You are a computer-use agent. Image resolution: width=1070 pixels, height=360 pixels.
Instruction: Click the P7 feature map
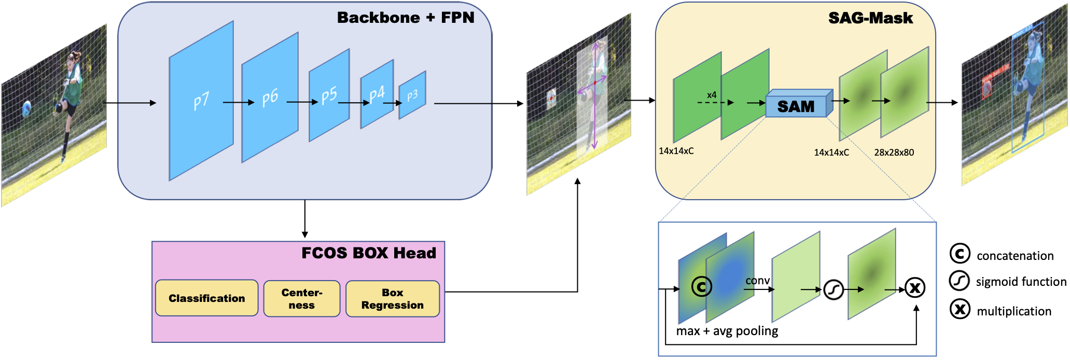[201, 101]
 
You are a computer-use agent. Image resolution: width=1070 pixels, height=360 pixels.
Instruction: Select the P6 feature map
[270, 98]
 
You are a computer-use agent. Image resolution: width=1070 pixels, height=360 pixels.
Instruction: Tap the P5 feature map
[329, 95]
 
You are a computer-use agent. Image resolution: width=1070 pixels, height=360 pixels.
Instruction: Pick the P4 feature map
[377, 94]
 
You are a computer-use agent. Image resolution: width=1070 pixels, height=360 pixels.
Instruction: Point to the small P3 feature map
[412, 95]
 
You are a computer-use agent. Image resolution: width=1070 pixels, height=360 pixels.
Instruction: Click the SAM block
[796, 106]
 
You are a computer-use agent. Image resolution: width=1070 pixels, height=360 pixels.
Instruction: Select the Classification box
[206, 298]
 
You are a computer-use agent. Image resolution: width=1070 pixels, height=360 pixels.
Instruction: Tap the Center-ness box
[302, 299]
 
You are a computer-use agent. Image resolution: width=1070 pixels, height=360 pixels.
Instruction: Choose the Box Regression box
[393, 299]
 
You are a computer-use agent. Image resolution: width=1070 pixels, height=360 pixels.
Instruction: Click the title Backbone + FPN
[406, 18]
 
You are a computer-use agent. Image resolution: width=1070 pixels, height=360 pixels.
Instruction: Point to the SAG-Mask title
[870, 18]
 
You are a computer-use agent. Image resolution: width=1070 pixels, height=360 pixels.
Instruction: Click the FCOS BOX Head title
[369, 253]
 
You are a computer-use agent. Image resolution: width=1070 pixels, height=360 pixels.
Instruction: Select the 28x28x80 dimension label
[894, 153]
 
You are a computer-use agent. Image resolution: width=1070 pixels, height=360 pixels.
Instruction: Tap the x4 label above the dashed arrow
[712, 95]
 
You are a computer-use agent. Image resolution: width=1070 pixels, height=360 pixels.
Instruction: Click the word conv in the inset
[758, 281]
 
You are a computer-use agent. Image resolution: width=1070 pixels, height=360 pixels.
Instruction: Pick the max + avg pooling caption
[727, 331]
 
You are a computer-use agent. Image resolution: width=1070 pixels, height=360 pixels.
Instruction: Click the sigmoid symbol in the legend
[960, 281]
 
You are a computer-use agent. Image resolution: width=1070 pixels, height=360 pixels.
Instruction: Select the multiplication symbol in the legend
[960, 310]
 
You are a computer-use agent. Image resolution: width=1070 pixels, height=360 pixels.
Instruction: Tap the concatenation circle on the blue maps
[701, 286]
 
